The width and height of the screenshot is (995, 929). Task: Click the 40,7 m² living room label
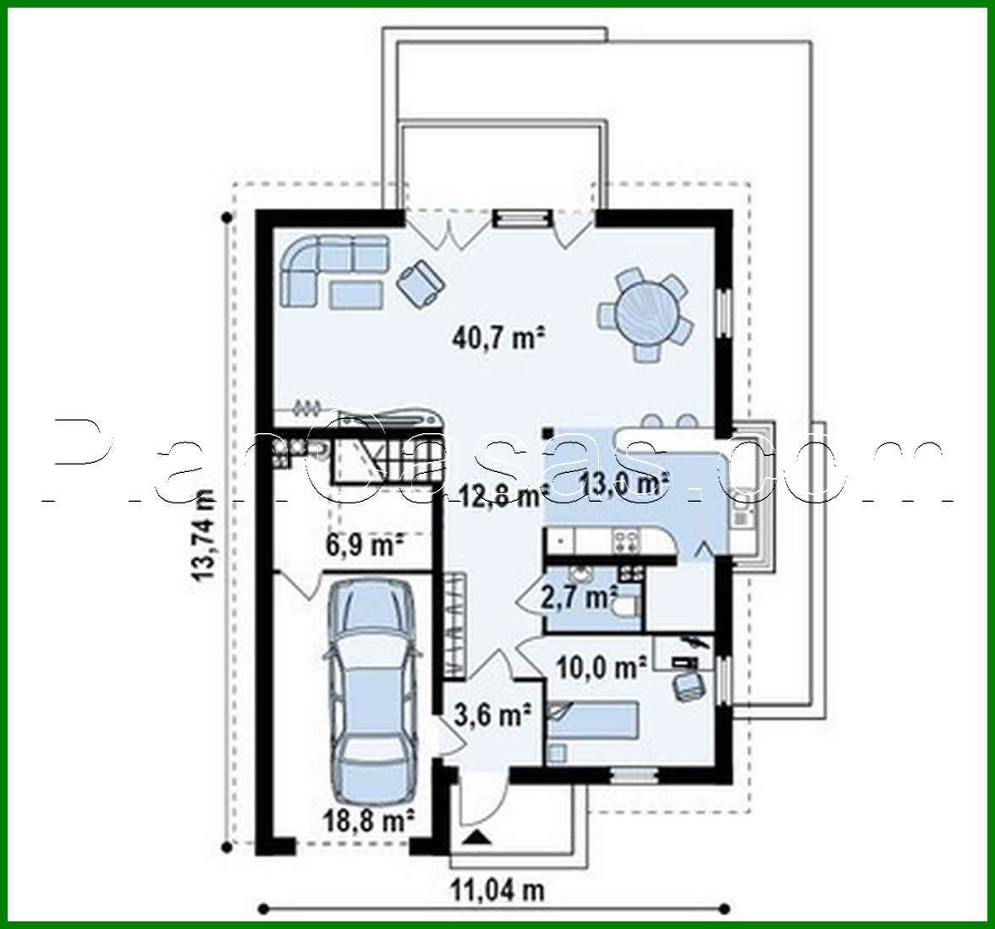coord(497,339)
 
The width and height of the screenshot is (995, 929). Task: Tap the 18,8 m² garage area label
coord(368,819)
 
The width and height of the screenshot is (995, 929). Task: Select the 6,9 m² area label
coord(364,545)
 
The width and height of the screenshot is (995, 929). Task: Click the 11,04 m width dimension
coord(497,889)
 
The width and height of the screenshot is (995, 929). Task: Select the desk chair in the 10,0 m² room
coord(689,685)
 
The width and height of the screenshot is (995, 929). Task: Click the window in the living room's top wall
coord(522,218)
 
